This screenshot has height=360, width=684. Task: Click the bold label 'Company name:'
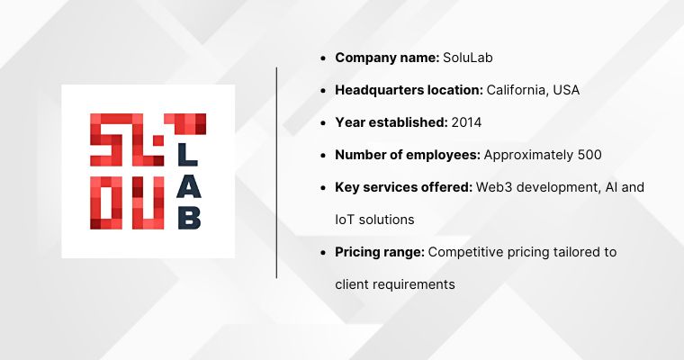387,58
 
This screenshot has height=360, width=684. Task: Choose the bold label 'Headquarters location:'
409,90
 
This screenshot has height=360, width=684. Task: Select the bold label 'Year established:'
391,122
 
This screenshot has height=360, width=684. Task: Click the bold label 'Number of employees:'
408,155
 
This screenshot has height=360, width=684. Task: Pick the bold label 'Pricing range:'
380,252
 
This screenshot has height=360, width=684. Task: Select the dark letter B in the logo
188,216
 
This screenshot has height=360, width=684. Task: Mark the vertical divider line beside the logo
276,171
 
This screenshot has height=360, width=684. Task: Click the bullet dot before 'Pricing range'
323,253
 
